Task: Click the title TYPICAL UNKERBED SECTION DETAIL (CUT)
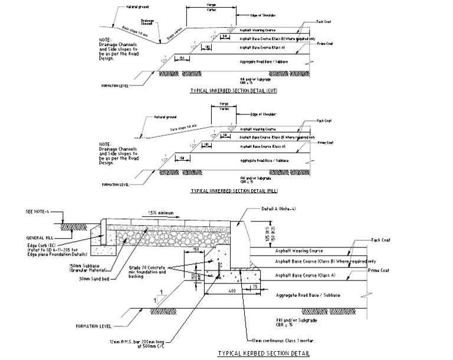(234, 91)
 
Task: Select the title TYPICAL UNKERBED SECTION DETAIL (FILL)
(234, 191)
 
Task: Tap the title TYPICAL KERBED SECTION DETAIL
(264, 353)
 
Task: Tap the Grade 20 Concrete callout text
(159, 271)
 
